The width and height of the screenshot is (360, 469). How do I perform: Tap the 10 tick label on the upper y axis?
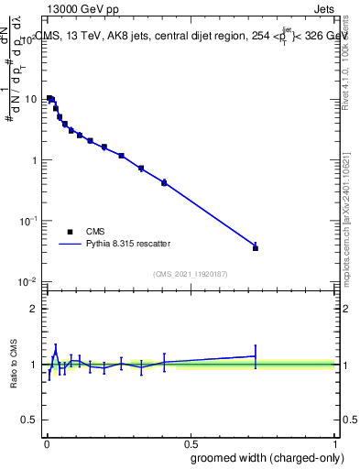[x=32, y=99]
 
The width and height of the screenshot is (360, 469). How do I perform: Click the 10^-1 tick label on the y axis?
[x=30, y=221]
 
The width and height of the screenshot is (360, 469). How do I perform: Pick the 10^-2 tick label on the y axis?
[x=30, y=282]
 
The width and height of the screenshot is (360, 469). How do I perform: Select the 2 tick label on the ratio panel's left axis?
[x=37, y=309]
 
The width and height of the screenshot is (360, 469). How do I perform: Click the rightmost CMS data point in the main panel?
[x=256, y=248]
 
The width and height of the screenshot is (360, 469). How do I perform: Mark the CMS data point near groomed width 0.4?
[x=164, y=183]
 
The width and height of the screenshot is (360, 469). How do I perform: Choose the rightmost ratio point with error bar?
[x=256, y=356]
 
